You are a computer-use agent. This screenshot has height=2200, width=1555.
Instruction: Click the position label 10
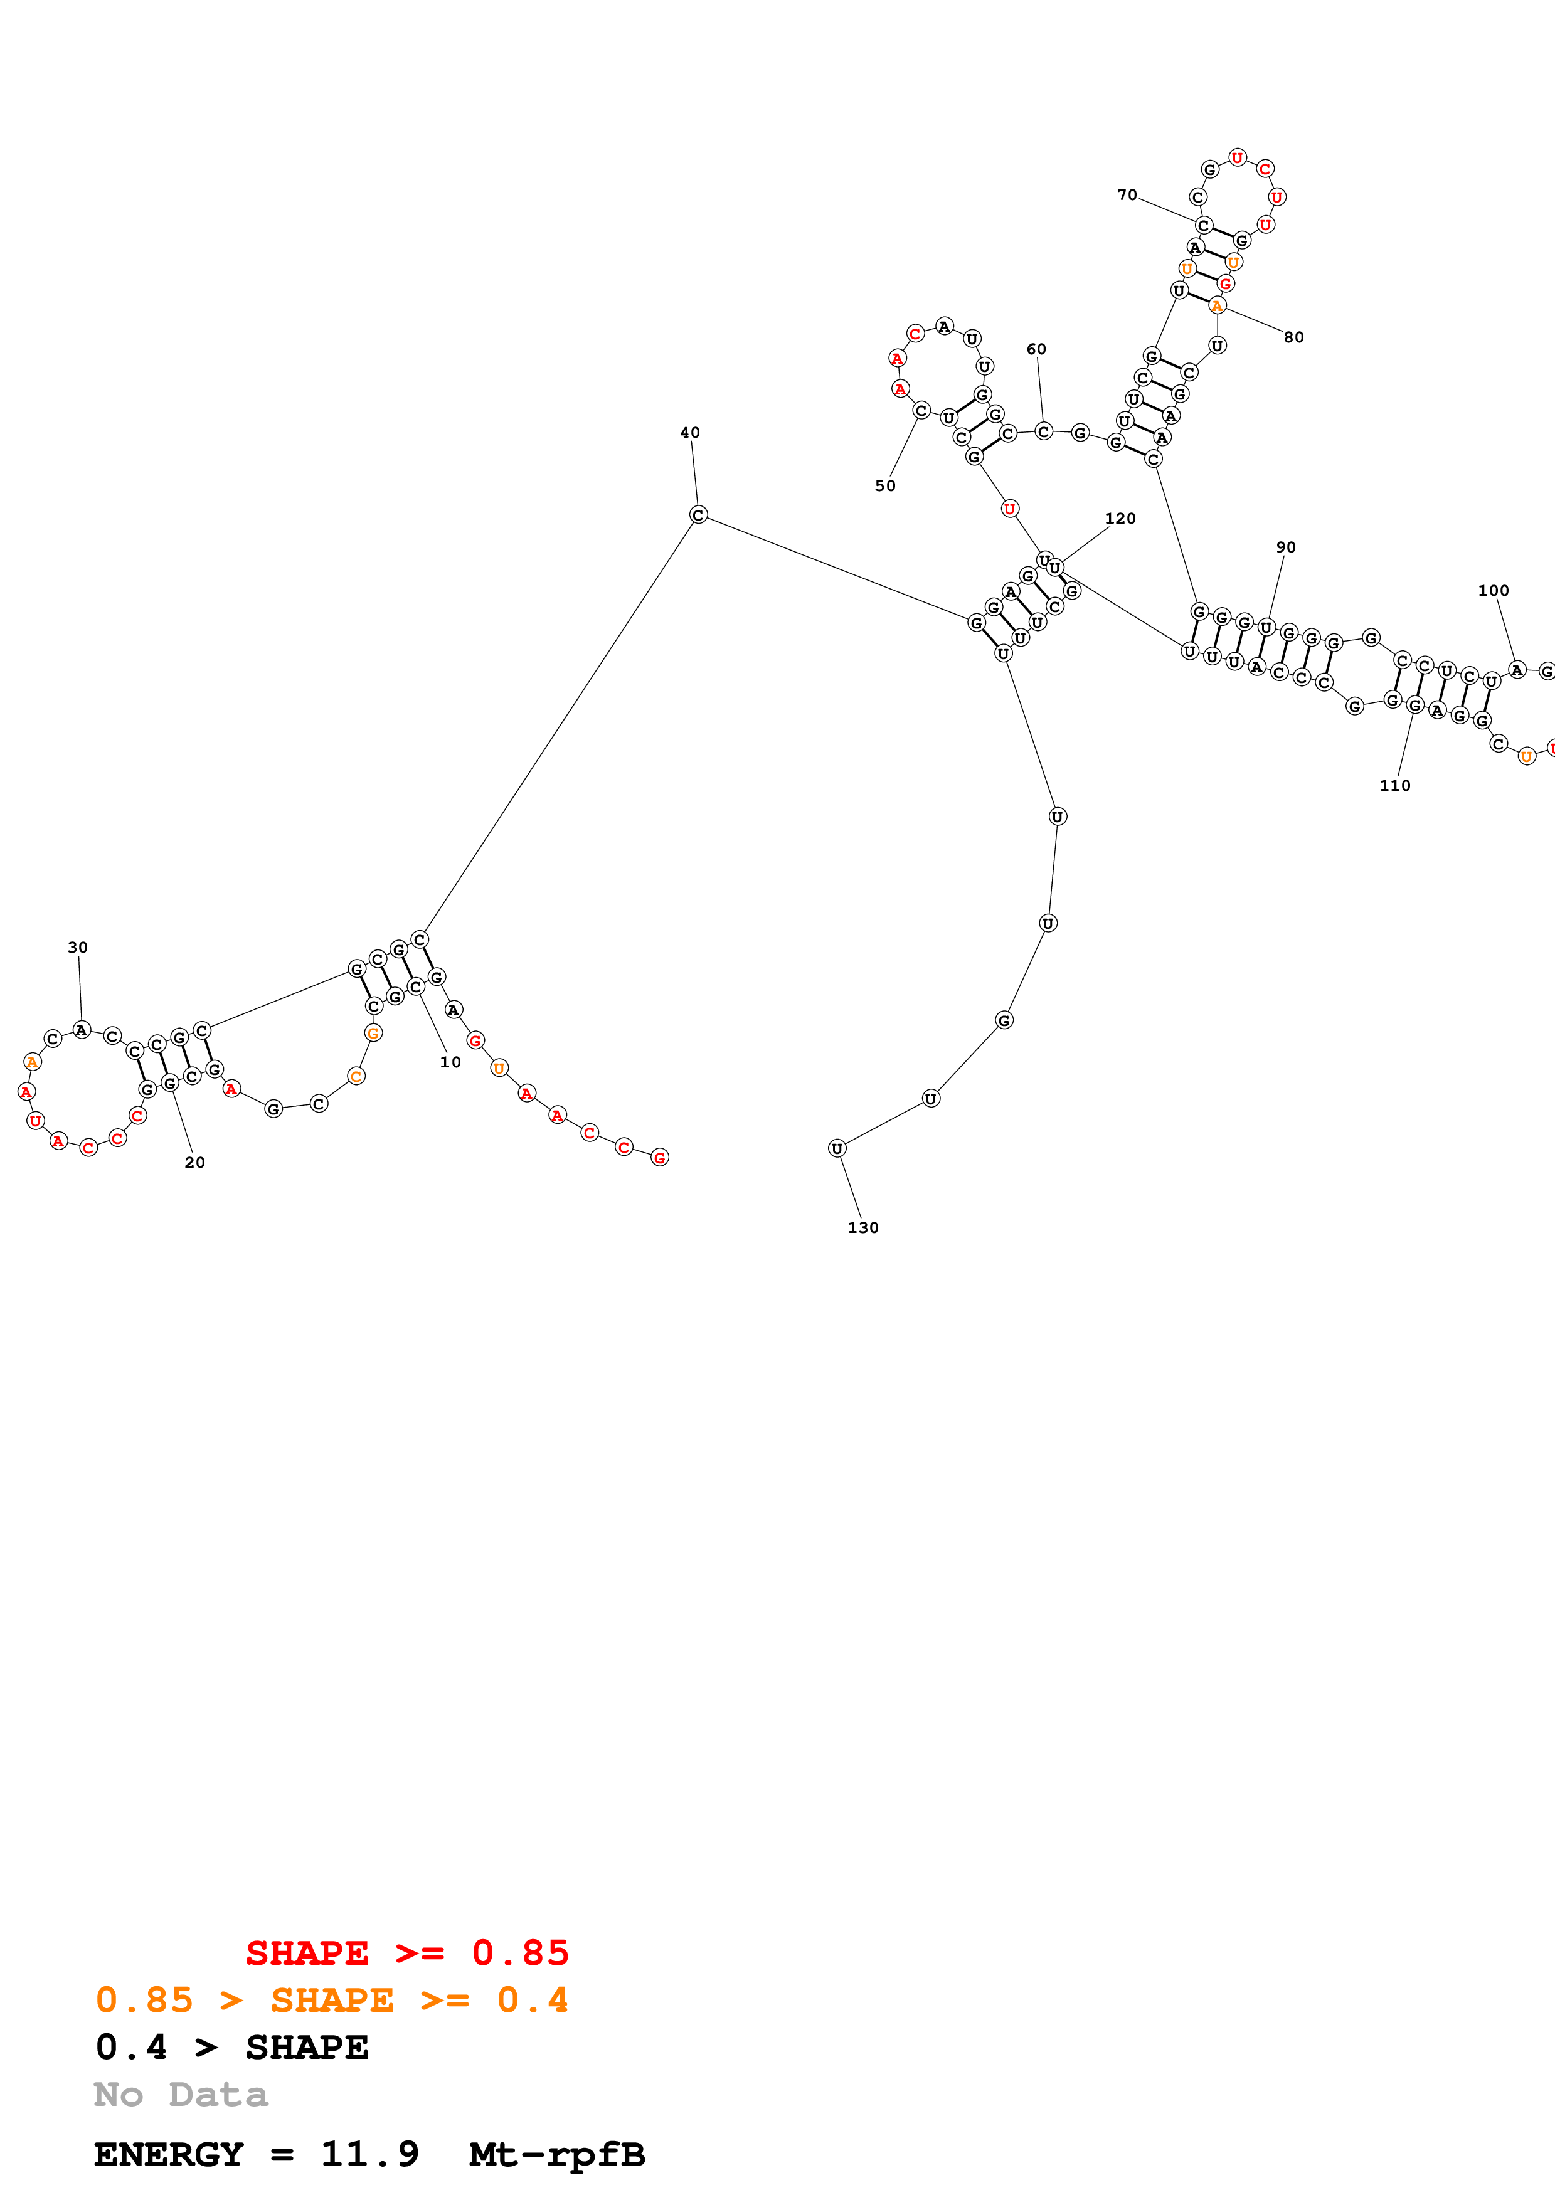(450, 1062)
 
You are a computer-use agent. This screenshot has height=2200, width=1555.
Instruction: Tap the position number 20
(194, 1162)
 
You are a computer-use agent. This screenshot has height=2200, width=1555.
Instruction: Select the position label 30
(78, 948)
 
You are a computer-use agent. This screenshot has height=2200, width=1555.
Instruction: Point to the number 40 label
(690, 433)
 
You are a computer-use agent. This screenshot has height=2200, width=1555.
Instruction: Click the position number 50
(885, 486)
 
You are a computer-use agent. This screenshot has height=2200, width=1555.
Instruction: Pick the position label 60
(1037, 350)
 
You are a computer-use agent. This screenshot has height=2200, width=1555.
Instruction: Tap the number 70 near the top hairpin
(1127, 196)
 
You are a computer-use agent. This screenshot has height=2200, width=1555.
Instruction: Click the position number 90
(1286, 547)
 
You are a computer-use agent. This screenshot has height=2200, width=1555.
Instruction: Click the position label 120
(1120, 519)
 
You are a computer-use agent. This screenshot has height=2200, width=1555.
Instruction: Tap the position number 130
(862, 1227)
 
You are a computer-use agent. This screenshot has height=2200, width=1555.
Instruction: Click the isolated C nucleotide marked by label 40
(698, 516)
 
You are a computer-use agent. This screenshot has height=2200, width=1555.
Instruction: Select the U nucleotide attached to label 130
(837, 1148)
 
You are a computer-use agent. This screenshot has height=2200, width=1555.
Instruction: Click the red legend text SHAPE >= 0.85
(407, 1953)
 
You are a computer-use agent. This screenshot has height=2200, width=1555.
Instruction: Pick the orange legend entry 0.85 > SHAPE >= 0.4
(331, 2000)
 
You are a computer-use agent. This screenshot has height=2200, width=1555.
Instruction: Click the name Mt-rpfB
(556, 2155)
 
